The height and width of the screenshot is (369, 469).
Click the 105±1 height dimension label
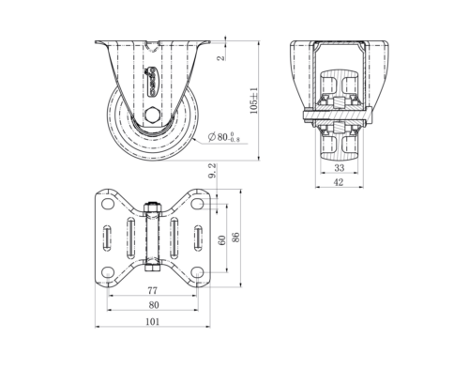254,100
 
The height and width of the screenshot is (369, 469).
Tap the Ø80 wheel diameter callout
224,137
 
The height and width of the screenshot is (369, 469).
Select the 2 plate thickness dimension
221,57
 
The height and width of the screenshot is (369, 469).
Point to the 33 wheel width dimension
340,168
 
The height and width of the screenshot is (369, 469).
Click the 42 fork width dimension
339,182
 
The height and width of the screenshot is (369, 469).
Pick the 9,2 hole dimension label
212,171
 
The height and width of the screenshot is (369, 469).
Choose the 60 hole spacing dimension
221,240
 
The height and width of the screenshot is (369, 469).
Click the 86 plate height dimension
235,237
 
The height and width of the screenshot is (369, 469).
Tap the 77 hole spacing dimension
152,291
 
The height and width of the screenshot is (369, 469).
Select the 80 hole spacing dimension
154,305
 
